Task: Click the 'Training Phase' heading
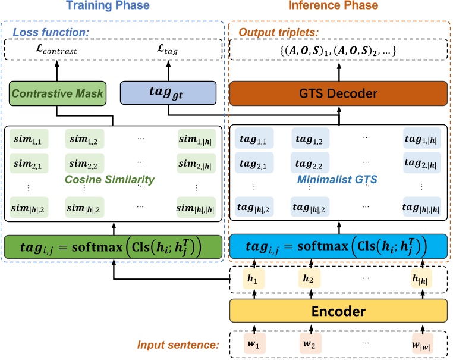pos(112,8)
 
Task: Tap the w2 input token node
pos(310,343)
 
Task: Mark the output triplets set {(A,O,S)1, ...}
pos(339,51)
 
